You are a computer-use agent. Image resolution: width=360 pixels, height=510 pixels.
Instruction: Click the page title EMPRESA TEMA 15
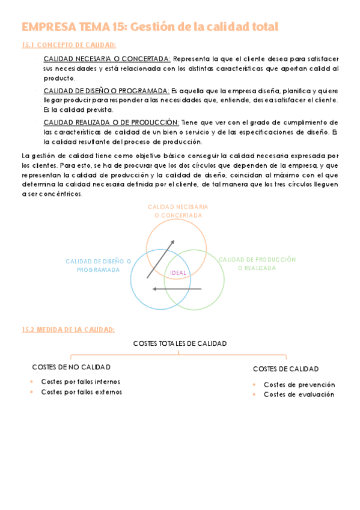click(150, 27)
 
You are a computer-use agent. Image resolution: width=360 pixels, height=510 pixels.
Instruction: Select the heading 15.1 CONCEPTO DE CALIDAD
click(69, 45)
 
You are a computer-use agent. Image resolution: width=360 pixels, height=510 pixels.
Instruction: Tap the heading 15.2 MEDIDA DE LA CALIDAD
click(67, 329)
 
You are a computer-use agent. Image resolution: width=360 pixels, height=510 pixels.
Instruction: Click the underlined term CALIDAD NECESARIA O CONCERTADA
click(107, 59)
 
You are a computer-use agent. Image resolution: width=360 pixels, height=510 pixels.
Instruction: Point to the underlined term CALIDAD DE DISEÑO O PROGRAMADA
click(106, 91)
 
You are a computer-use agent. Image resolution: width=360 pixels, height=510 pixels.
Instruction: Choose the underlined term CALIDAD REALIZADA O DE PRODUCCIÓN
click(111, 122)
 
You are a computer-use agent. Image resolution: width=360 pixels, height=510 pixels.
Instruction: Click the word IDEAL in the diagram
click(178, 273)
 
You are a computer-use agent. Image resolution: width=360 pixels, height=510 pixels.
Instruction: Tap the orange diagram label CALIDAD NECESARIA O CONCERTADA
click(178, 210)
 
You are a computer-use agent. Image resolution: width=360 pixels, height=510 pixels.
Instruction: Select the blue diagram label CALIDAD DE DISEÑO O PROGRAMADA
click(99, 265)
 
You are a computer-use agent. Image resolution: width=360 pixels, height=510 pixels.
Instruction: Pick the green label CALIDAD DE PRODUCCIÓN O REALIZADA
click(257, 263)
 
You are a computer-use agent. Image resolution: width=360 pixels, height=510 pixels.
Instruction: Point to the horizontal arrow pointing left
click(177, 289)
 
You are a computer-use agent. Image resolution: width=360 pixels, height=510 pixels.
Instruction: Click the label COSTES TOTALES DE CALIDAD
click(180, 343)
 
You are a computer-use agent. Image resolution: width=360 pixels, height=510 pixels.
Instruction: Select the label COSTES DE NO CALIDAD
click(71, 367)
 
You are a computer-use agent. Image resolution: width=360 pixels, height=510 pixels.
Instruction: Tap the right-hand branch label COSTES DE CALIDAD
click(285, 369)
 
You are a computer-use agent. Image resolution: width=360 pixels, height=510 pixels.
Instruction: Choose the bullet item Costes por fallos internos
click(81, 381)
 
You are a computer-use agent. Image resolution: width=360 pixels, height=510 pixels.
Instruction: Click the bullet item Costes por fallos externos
click(81, 392)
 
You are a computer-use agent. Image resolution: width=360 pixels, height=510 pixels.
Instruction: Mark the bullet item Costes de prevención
click(299, 384)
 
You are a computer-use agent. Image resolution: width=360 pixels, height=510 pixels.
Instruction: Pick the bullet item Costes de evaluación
click(299, 395)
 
